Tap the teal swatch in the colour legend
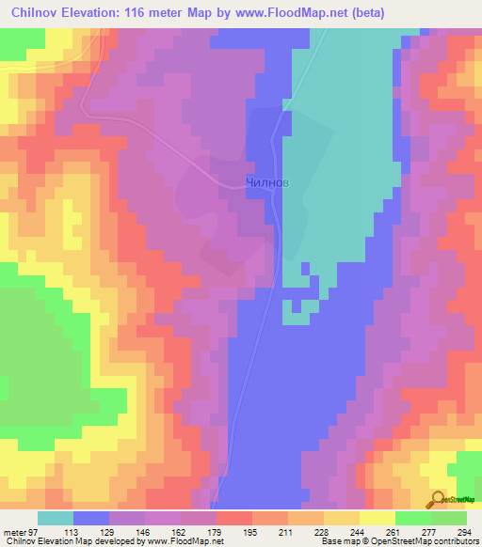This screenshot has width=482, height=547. pyautogui.click(x=56, y=518)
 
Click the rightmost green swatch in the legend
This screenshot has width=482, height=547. pyautogui.click(x=449, y=518)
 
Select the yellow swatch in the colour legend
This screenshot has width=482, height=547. pyautogui.click(x=378, y=518)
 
